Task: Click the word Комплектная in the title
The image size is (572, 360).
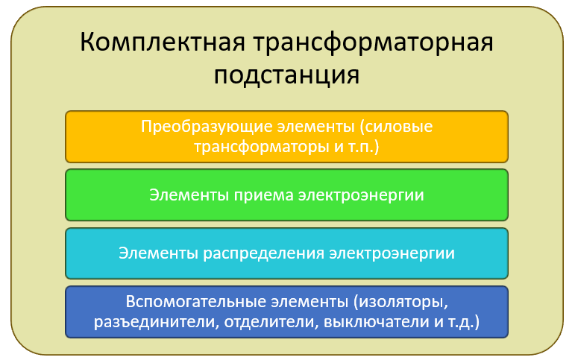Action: click(163, 42)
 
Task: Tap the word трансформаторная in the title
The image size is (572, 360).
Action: click(373, 43)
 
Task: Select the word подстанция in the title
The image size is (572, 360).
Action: click(286, 76)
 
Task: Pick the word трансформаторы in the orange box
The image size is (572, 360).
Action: click(262, 147)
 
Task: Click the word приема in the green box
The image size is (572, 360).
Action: click(263, 195)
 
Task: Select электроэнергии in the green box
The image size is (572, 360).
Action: click(361, 195)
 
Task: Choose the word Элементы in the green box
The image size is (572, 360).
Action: click(189, 195)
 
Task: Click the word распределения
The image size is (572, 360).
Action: click(263, 253)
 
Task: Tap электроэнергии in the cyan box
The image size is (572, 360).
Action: click(392, 253)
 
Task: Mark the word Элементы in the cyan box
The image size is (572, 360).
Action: click(158, 253)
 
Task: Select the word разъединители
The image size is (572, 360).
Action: click(156, 322)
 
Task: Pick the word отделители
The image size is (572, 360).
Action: click(271, 322)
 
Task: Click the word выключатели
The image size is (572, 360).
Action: click(376, 322)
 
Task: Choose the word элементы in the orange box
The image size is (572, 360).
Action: click(316, 127)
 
